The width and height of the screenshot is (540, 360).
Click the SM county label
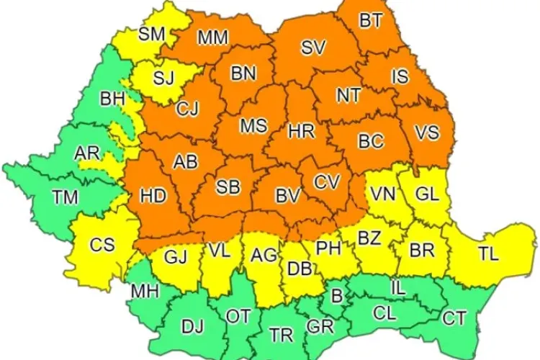tap(151, 32)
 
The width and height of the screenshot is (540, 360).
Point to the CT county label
tap(454, 317)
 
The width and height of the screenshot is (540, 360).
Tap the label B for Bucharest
tap(336, 294)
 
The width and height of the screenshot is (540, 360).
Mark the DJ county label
tap(192, 327)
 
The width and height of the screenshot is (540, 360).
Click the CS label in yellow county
tap(102, 245)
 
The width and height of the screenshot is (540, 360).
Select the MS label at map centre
tap(253, 126)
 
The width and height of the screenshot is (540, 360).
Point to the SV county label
tap(312, 48)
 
